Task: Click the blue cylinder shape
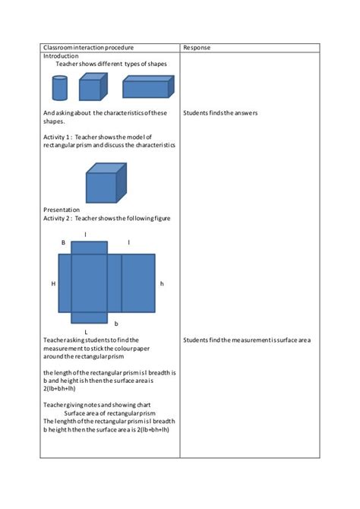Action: tap(59, 89)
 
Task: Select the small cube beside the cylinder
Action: tap(90, 88)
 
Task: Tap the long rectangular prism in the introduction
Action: tap(146, 87)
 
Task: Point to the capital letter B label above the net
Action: tap(63, 242)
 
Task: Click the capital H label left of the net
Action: tap(53, 283)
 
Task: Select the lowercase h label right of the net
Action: tap(162, 283)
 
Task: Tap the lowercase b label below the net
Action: tap(116, 323)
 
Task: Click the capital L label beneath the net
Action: tap(86, 333)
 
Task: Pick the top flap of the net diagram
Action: tap(90, 248)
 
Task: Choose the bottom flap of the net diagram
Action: tap(90, 318)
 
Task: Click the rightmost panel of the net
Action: tap(137, 283)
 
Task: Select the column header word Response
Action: tap(197, 47)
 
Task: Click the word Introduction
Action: tap(61, 56)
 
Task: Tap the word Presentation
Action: tap(62, 209)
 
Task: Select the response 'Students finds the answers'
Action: tap(220, 113)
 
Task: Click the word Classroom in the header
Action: tap(59, 47)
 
